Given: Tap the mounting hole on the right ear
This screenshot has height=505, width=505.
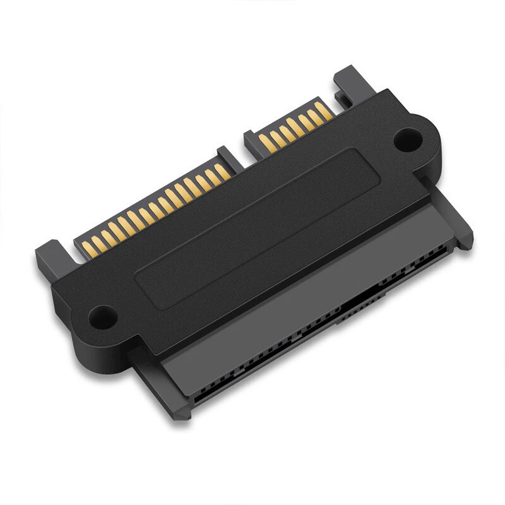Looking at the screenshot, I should point(408,138).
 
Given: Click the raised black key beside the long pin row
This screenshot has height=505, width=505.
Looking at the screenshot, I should point(226,155).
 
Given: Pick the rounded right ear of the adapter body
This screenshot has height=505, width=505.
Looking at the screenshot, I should point(417,142).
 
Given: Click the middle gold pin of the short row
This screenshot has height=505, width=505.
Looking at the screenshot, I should point(294,126).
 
